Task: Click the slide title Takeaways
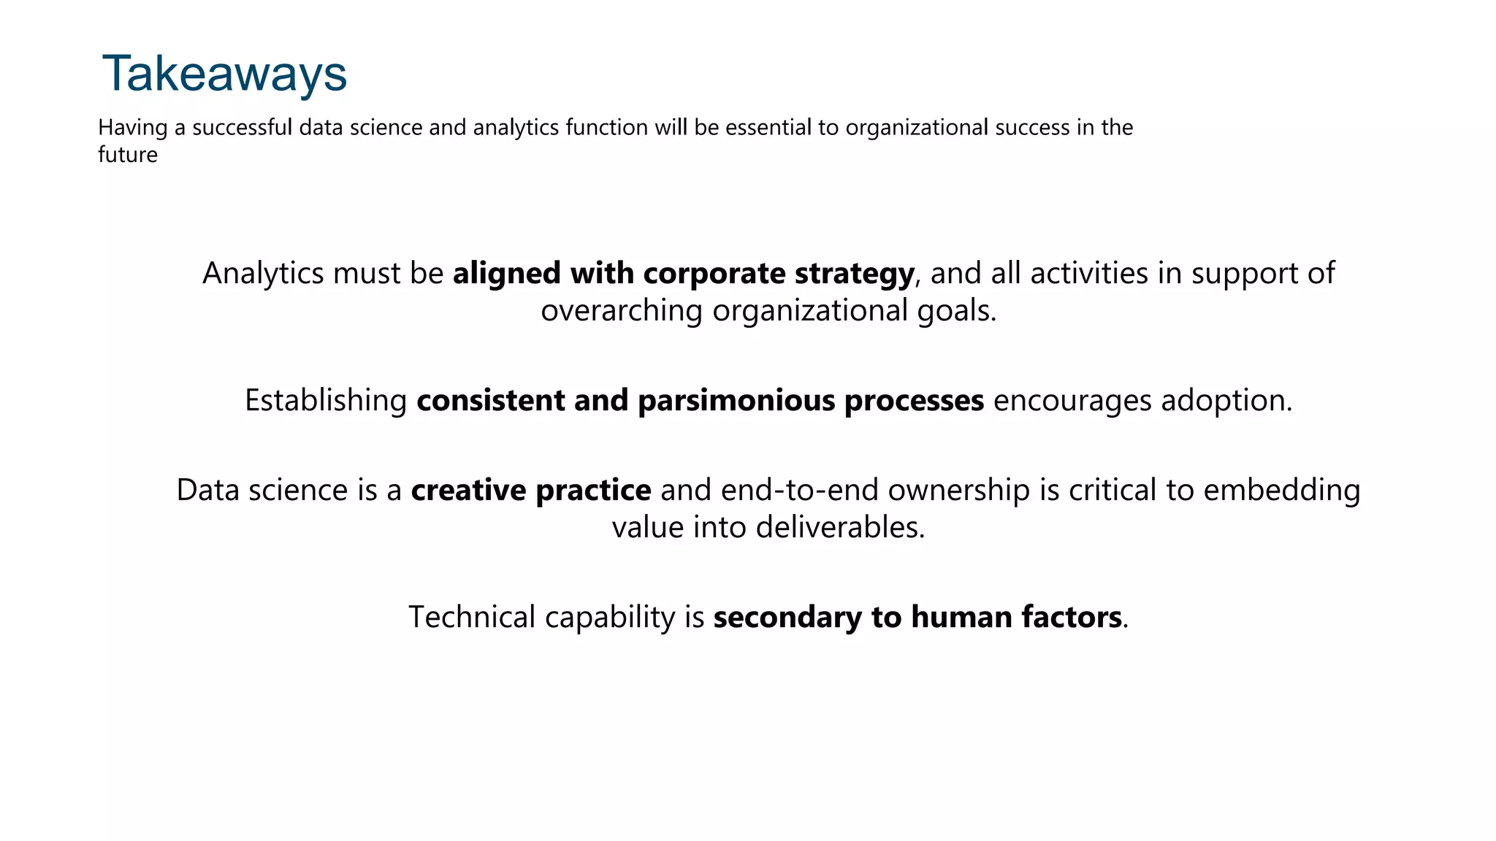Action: [x=224, y=74]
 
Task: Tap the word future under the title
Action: [x=128, y=155]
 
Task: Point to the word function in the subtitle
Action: [x=607, y=128]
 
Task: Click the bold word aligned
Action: [x=507, y=274]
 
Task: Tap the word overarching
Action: [x=622, y=311]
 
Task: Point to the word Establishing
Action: [x=326, y=401]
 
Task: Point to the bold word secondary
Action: [x=787, y=618]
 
